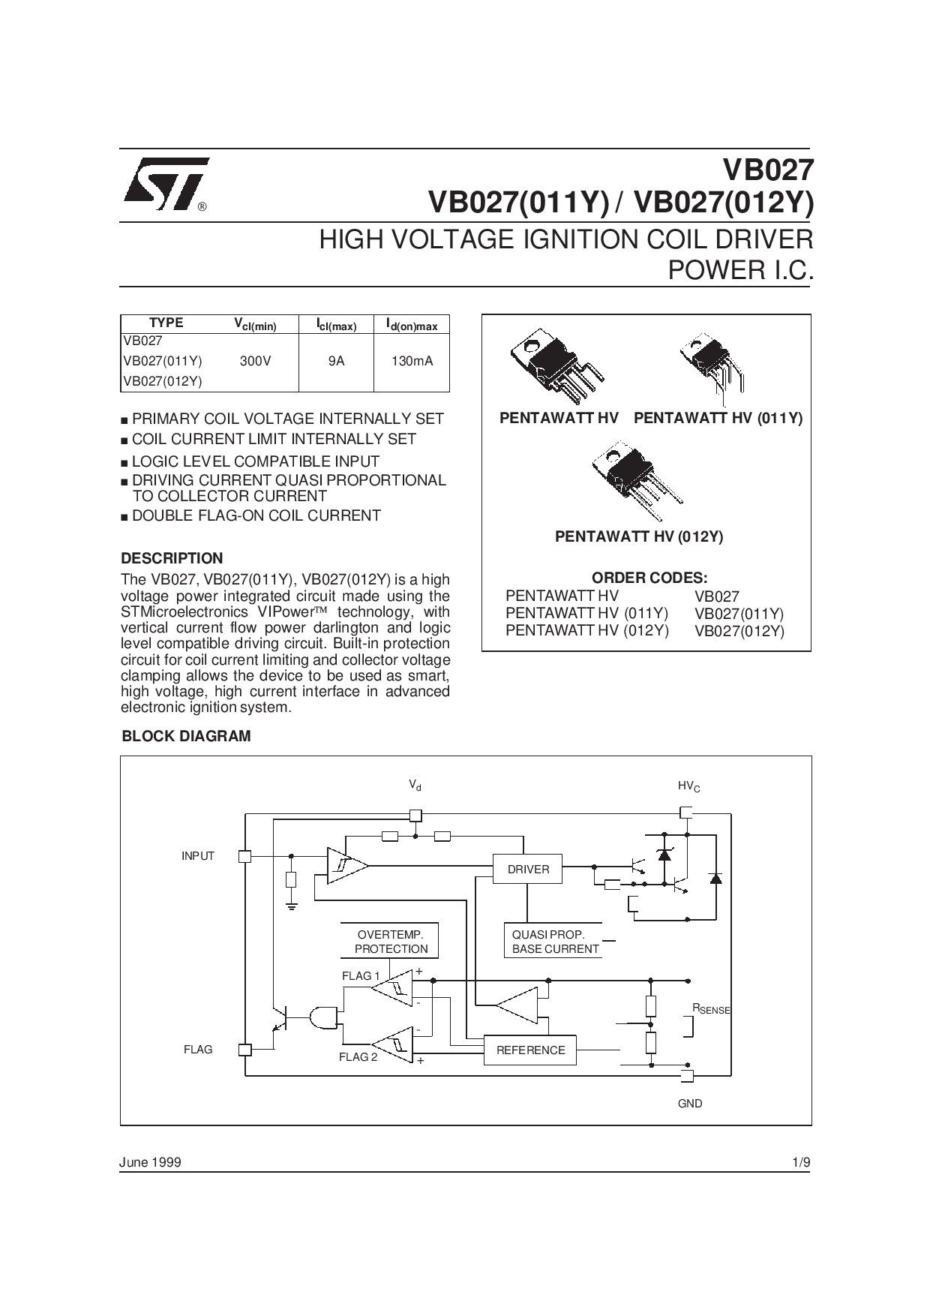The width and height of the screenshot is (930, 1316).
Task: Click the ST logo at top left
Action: (x=164, y=185)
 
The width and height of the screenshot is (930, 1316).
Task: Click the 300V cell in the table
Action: (x=255, y=361)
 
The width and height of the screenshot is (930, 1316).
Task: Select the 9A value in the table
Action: (x=336, y=361)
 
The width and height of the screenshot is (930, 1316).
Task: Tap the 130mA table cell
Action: (x=412, y=361)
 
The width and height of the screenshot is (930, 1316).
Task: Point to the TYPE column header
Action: (x=166, y=323)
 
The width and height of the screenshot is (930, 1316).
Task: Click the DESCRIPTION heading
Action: (x=172, y=558)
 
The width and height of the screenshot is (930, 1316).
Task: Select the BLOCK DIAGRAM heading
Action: (x=186, y=736)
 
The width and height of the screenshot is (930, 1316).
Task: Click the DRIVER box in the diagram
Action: (x=528, y=869)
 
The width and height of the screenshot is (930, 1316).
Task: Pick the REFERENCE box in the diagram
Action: (x=530, y=1050)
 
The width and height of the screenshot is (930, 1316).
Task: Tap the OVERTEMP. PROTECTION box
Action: (x=390, y=942)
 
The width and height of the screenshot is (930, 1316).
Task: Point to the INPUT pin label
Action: (x=198, y=856)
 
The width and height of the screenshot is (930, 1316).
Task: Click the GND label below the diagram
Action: (x=689, y=1104)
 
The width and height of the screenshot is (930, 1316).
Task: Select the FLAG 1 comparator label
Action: (x=361, y=976)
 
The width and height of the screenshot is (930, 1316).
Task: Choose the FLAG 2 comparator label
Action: (x=358, y=1057)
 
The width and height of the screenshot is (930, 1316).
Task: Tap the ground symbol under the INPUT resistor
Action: (x=292, y=907)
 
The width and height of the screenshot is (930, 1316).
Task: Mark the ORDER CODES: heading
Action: (x=649, y=578)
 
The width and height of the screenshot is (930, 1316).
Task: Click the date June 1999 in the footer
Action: (x=150, y=1162)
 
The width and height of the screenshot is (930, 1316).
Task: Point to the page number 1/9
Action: (x=801, y=1162)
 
